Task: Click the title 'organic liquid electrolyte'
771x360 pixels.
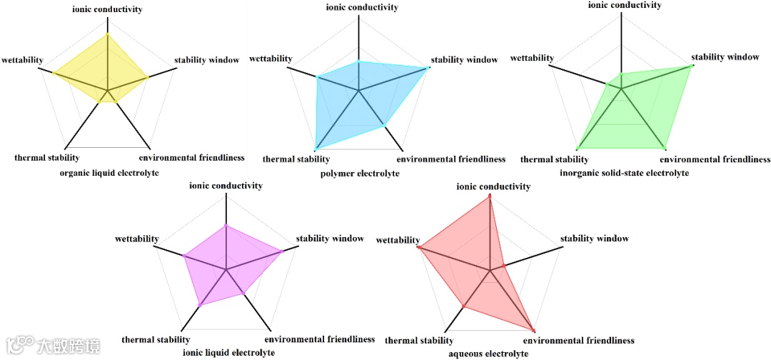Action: [x=109, y=174]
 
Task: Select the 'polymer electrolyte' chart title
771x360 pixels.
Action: [x=360, y=174]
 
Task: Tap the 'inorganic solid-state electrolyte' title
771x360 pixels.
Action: [x=625, y=173]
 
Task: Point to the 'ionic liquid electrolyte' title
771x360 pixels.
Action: [x=228, y=353]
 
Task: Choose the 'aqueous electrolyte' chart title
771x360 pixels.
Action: [x=488, y=354]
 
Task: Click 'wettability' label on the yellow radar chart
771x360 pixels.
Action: [x=23, y=59]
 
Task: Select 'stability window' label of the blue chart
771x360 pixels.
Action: [x=465, y=60]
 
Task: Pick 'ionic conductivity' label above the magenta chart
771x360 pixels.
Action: [x=226, y=186]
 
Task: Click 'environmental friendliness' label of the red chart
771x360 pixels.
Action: [x=583, y=341]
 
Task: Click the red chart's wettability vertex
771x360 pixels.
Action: [x=419, y=247]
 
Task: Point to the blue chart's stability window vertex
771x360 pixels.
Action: [x=428, y=68]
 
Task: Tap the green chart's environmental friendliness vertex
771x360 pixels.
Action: [x=665, y=149]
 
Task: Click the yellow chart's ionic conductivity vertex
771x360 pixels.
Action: [x=107, y=34]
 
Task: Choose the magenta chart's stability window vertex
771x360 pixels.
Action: [x=283, y=251]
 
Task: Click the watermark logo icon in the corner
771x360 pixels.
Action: [x=21, y=346]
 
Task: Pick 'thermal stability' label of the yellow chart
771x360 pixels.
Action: [x=47, y=158]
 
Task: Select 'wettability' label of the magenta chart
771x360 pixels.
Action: [x=136, y=239]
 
